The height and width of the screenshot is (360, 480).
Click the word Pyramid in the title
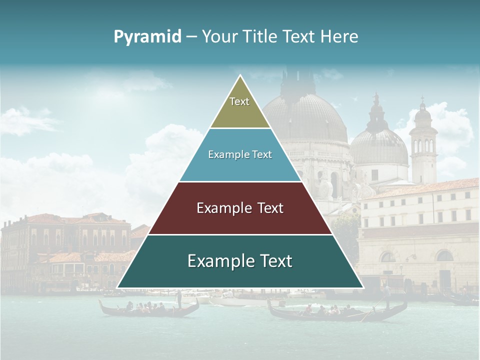pos(147,36)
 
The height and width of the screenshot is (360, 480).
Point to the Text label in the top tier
pos(239,101)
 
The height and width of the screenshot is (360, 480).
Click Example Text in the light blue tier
pos(240,154)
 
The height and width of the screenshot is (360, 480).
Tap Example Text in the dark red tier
pos(240,208)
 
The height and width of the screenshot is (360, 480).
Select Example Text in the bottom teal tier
pos(240,261)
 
